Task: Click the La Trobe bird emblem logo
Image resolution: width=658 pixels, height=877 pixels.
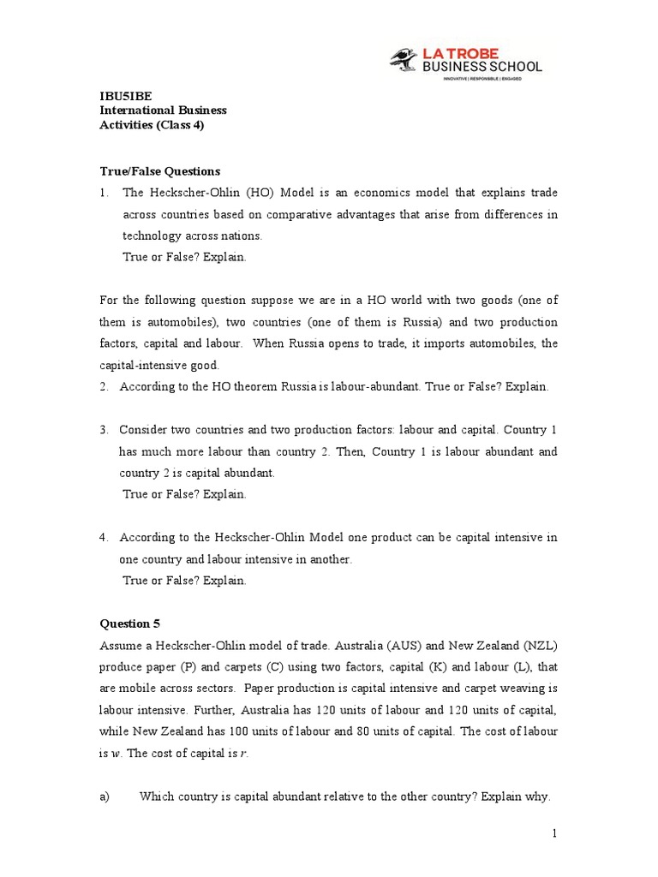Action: [400, 60]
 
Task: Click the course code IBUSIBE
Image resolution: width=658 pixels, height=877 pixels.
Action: [124, 97]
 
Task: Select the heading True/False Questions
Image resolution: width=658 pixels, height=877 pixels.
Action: [160, 171]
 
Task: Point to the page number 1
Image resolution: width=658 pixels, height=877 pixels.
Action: [554, 832]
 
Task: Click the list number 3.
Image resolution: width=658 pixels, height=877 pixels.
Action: [104, 429]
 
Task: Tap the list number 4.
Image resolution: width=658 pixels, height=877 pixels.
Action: [104, 537]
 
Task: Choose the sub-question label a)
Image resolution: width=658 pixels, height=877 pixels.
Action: [105, 796]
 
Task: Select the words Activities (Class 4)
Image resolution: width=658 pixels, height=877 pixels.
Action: [153, 125]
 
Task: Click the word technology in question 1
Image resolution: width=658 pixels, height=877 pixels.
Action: [153, 236]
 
